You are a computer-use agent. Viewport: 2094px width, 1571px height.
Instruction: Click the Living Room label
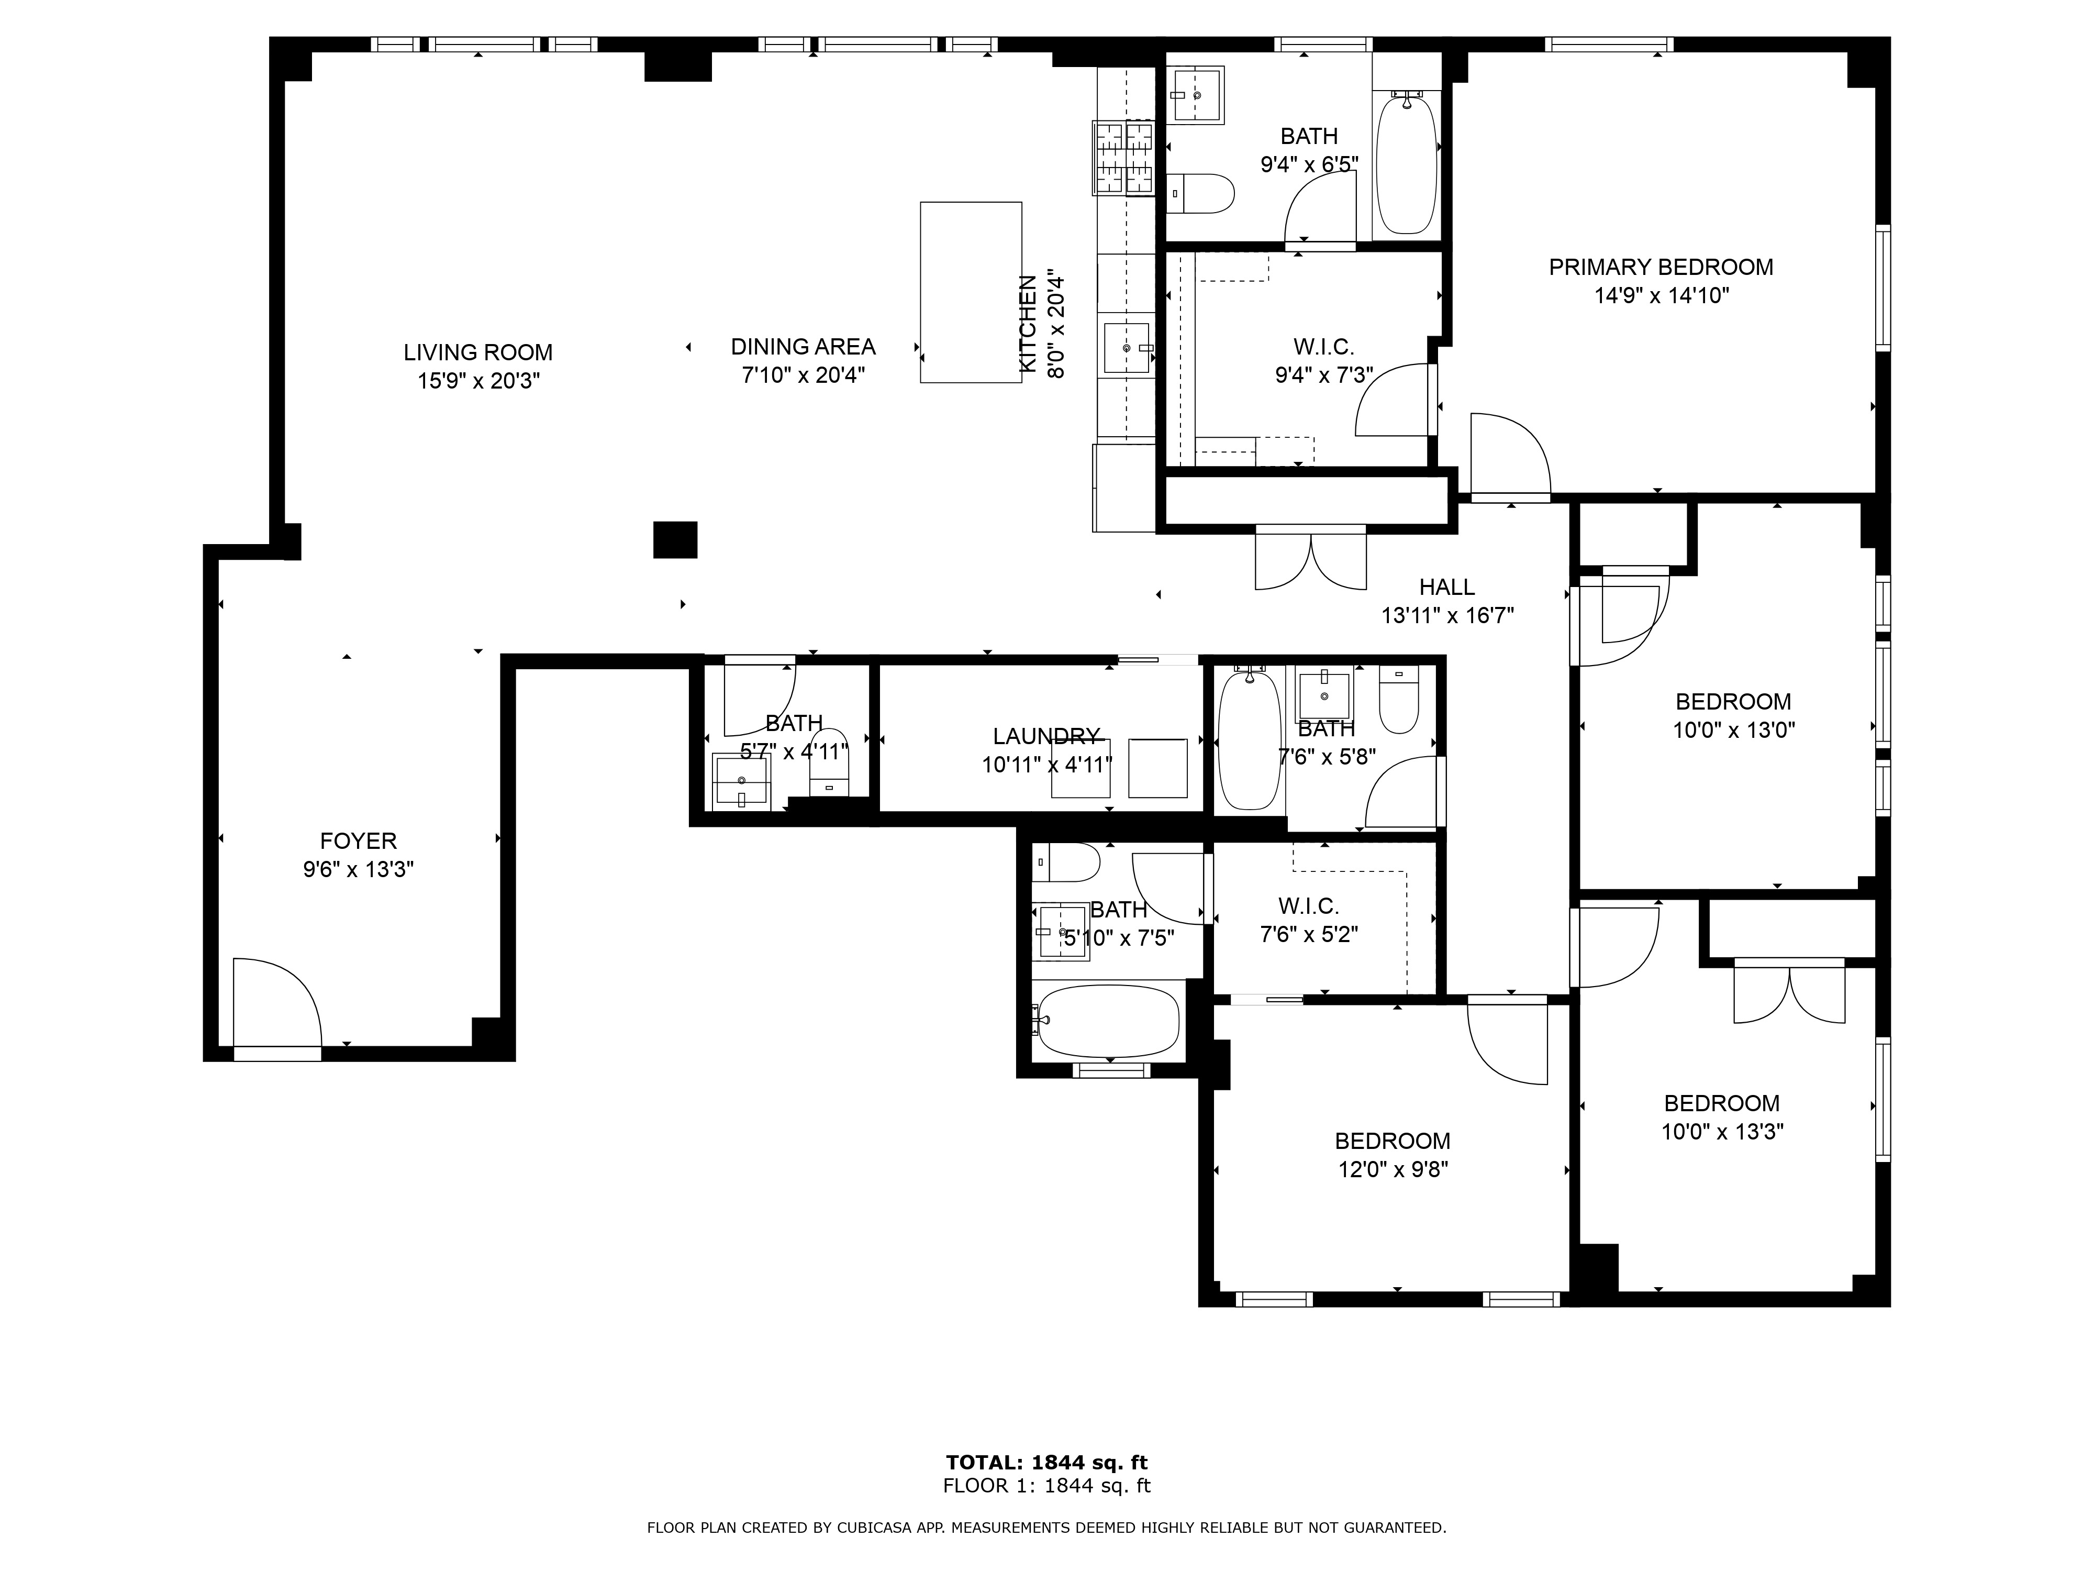(x=478, y=352)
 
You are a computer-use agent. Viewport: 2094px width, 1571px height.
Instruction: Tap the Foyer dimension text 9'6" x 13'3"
(x=359, y=869)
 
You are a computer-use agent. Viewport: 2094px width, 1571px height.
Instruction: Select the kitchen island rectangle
(x=971, y=293)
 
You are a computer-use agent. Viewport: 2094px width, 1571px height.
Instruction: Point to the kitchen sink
(x=1128, y=348)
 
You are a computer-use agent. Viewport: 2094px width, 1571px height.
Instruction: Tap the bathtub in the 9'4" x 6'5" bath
(x=1406, y=163)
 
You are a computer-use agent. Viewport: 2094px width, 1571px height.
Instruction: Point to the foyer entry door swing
(x=277, y=1002)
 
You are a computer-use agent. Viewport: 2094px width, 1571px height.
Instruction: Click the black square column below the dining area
(x=675, y=540)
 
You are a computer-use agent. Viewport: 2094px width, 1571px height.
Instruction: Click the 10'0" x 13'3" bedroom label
(x=1722, y=1103)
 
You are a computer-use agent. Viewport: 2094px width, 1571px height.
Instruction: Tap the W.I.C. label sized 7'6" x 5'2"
(x=1309, y=906)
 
